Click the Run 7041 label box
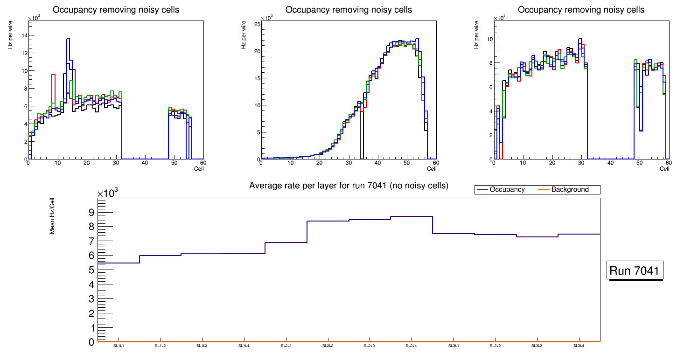pos(635,270)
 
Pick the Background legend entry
pos(570,190)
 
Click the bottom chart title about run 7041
pos(349,186)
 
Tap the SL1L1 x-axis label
pos(119,346)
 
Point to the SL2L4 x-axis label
pos(411,346)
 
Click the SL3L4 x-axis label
pos(579,346)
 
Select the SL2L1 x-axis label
pos(286,346)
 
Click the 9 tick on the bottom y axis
pos(91,213)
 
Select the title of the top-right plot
pos(581,10)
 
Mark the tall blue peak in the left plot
pos(68,40)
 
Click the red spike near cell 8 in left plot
pos(54,75)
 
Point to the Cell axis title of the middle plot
pos(432,169)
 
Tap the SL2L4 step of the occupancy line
pos(412,216)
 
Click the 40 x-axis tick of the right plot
pos(610,163)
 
